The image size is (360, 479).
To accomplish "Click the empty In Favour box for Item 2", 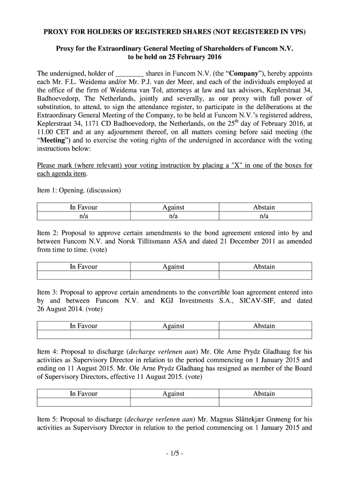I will pyautogui.click(x=84, y=276).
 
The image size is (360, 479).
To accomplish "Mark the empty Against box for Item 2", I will pyautogui.click(x=173, y=276).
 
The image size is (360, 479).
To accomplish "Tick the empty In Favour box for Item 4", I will pyautogui.click(x=84, y=402).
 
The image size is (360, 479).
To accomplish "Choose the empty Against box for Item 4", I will pyautogui.click(x=173, y=402).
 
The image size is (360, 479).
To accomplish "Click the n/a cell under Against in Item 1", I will pyautogui.click(x=173, y=216).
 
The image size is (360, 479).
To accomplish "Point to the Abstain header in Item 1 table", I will pyautogui.click(x=264, y=207).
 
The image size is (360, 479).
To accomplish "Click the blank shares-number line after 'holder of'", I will pyautogui.click(x=130, y=74).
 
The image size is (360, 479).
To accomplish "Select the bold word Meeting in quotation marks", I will pyautogui.click(x=52, y=140).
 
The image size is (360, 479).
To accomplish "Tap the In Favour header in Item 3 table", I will pyautogui.click(x=84, y=326).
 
